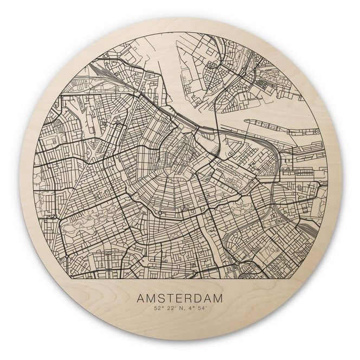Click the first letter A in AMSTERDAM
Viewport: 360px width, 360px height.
click(143, 298)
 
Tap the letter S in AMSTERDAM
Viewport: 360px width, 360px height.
click(163, 298)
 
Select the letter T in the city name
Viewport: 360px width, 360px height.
click(171, 298)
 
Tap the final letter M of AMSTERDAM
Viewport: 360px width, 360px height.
click(221, 298)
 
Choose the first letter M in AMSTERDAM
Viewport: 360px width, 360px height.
click(152, 298)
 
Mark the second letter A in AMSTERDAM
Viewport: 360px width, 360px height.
click(210, 298)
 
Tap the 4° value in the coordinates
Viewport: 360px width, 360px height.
click(191, 310)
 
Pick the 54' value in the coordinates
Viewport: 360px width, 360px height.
click(202, 310)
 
